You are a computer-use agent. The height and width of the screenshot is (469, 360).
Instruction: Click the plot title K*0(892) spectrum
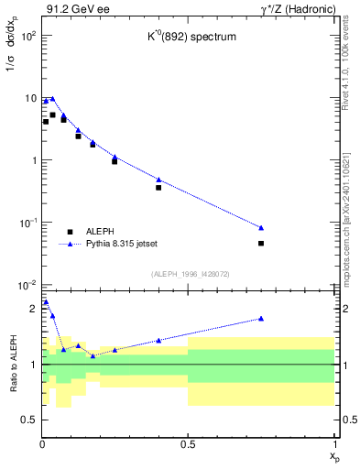pos(187,63)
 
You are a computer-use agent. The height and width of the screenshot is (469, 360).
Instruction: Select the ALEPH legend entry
pos(102,232)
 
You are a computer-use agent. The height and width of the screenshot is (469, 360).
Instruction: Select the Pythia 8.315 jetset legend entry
pos(121,245)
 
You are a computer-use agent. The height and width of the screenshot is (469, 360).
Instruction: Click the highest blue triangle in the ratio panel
pos(46,301)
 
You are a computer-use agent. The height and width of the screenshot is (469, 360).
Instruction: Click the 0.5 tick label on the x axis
pos(188,444)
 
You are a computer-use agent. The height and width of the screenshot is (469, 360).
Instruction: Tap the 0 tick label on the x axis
pos(42,444)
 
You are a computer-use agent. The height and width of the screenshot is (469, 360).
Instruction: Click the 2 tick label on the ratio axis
pos(33,309)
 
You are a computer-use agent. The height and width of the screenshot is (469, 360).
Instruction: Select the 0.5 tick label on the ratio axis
pos(29,420)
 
